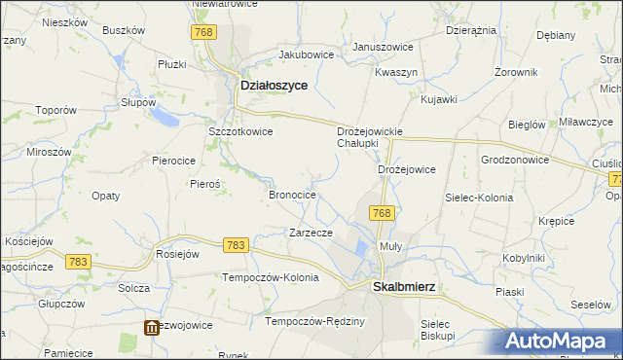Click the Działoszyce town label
click(x=274, y=86)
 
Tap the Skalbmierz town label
click(x=404, y=287)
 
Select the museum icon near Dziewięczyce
click(x=152, y=328)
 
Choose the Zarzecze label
click(x=311, y=233)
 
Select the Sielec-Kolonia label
click(x=478, y=198)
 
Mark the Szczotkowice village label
click(x=240, y=131)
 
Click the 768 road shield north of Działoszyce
click(x=202, y=32)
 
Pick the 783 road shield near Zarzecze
click(x=235, y=247)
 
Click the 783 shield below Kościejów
click(x=79, y=261)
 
